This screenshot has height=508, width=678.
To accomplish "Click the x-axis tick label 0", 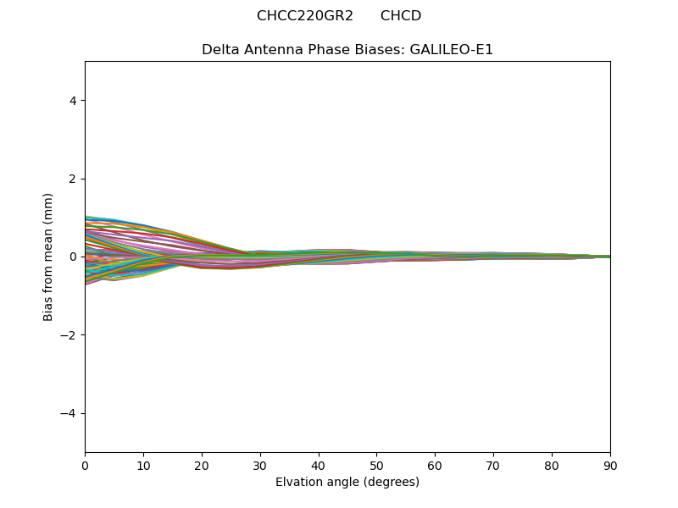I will coord(85,465).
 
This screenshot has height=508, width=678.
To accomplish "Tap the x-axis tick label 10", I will coord(143,465).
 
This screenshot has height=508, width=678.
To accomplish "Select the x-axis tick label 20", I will coord(202,465).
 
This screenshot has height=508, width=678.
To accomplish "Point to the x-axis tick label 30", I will coord(260,465).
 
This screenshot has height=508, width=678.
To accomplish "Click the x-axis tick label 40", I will coord(319,465).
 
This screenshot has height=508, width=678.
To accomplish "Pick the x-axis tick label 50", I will coord(376,465).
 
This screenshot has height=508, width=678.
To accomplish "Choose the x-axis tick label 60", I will coord(435,465).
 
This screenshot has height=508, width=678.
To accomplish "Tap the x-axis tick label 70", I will coord(493,465).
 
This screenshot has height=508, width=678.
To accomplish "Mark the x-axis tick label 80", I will coord(552,465).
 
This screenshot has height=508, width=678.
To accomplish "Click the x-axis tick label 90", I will coord(610,465).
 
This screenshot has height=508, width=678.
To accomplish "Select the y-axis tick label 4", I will coord(73,101).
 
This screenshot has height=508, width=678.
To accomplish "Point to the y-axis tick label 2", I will coord(73,179).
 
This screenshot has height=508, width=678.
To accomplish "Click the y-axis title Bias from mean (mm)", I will coord(48,257).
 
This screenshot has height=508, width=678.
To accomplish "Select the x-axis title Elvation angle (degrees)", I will coord(347,482).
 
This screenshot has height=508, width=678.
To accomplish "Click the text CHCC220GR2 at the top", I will coord(305,16).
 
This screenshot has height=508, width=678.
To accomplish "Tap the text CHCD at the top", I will coord(401,16).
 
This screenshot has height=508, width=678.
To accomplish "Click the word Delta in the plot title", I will coord(219,50).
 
